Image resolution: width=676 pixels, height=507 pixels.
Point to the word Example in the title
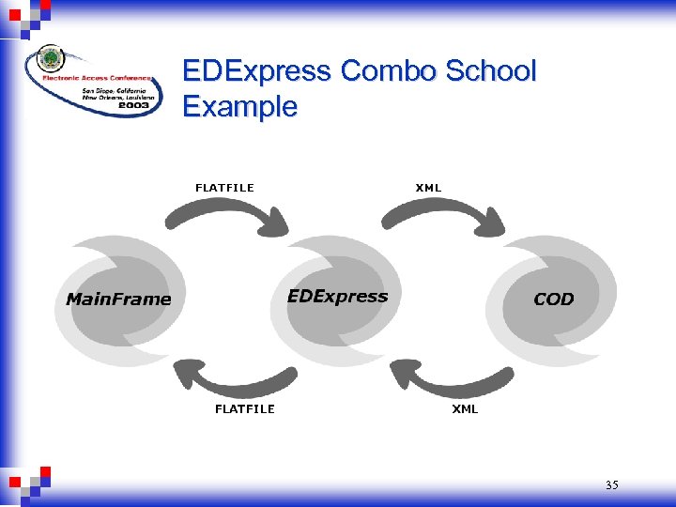point(239,106)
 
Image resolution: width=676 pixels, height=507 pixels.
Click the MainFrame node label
point(118,300)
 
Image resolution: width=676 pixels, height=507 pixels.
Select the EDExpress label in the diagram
point(337,297)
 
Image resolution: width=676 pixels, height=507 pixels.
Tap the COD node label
point(553,300)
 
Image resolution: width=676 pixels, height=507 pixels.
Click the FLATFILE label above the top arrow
point(224,188)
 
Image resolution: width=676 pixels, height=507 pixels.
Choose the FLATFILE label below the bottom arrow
point(245,409)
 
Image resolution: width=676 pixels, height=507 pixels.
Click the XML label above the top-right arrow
point(428,188)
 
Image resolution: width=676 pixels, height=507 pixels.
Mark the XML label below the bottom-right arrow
point(465,409)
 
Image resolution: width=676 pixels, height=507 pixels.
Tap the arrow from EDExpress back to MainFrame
point(229,379)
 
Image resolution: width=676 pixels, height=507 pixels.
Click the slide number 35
point(611,485)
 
